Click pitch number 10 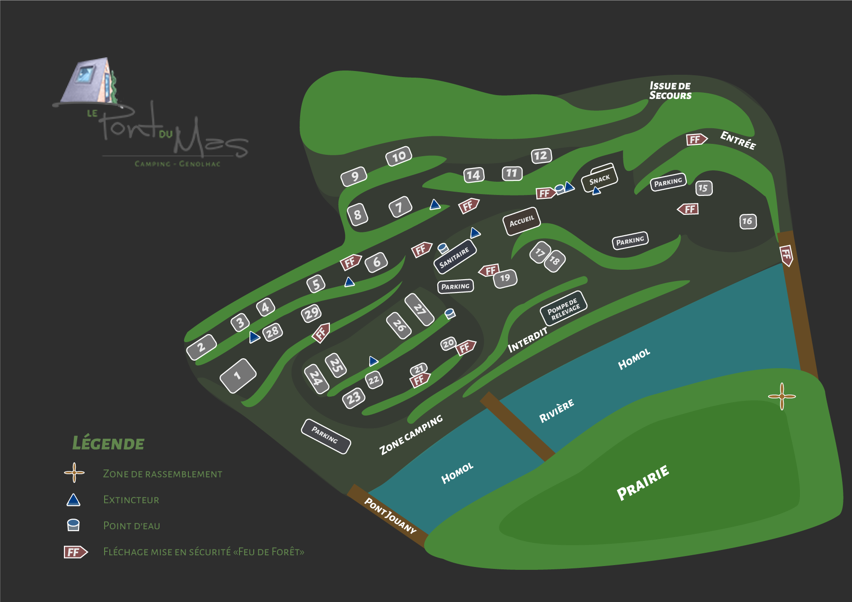pos(399,156)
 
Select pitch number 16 pos(748,221)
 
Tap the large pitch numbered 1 pos(238,376)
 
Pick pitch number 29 pos(311,313)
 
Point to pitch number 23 pos(354,398)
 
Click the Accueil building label pos(521,221)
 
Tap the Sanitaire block pos(455,257)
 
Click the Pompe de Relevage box pos(563,309)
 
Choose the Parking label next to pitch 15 pos(668,182)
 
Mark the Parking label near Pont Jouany pos(326,436)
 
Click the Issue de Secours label pos(670,90)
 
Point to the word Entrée pos(738,140)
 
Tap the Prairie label pos(643,482)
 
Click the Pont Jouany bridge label pos(390,515)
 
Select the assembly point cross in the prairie pos(781,396)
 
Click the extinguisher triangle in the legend pos(73,500)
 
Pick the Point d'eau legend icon pos(73,525)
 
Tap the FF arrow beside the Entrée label pos(697,139)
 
